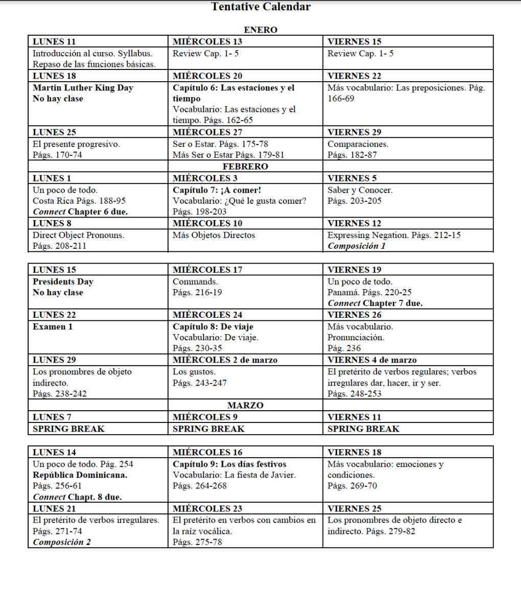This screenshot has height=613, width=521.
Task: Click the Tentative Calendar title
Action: coord(260,7)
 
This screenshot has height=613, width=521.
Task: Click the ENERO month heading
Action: coord(260,30)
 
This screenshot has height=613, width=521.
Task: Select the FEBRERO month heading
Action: coord(245,167)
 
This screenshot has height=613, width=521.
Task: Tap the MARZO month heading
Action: coord(245,406)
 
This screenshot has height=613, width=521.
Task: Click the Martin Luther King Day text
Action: coord(83,88)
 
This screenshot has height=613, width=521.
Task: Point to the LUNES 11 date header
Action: coord(54,42)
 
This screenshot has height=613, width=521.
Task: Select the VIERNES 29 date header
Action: coord(354,132)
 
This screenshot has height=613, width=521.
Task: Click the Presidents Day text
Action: coord(63,281)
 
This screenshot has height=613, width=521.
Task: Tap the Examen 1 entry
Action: coord(53,326)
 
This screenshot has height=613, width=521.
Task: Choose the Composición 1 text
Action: coord(357,246)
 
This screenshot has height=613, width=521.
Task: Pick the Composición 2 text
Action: coord(62,542)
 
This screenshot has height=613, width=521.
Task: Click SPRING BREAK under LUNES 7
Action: coord(68,429)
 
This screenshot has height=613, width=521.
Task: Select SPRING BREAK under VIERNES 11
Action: coord(363,429)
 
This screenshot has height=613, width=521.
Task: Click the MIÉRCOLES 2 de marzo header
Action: coord(225,360)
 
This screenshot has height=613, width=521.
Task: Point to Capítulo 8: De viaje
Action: coord(213,326)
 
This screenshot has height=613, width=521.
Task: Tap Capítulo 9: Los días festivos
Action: coord(229,464)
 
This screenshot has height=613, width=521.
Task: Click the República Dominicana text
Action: coord(80,475)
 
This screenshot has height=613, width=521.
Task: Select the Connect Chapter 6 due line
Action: coord(80,211)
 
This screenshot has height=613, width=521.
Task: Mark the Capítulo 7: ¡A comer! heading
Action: coord(217,190)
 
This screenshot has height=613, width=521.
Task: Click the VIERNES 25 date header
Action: coord(354,509)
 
